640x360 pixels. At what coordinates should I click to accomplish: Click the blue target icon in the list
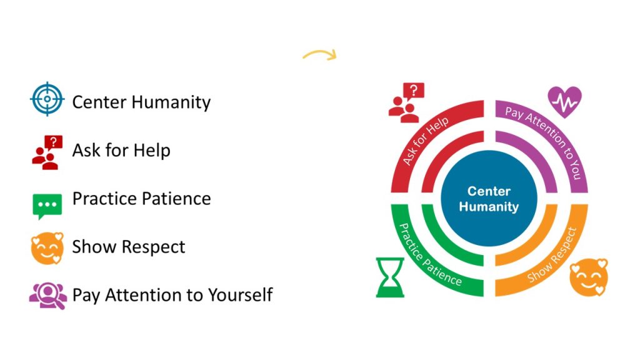pos(47,100)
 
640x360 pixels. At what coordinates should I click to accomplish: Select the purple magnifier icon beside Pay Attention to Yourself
pos(47,294)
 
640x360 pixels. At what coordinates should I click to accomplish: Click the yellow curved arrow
pos(320,55)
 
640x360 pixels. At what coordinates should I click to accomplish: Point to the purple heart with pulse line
pos(564,102)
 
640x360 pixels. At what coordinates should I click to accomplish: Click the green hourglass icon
pos(390,277)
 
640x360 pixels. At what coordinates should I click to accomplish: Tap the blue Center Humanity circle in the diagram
pos(489,199)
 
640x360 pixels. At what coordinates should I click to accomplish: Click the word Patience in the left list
pos(176,199)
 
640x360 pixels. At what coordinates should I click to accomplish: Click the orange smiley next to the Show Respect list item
pos(47,247)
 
